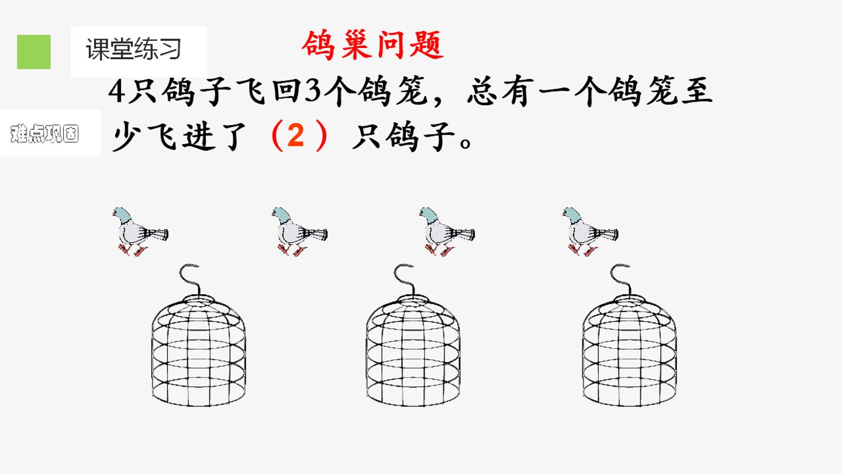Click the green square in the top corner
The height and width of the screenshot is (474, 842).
(34, 52)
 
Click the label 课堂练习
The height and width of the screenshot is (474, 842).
(133, 49)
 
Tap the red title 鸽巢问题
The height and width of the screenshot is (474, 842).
(373, 45)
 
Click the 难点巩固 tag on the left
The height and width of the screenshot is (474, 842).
(44, 133)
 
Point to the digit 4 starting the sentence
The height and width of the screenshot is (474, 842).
(116, 91)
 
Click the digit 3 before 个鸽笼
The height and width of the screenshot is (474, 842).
(312, 91)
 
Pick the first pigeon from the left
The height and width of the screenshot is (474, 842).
(140, 231)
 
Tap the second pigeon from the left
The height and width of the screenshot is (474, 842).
(299, 231)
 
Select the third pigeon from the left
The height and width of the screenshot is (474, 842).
(447, 231)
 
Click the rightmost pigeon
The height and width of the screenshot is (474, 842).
(590, 231)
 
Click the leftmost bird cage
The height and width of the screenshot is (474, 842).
(199, 335)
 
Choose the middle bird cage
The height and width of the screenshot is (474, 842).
(413, 335)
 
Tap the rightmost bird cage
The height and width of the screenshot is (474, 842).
(629, 335)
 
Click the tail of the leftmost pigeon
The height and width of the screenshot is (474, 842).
(157, 234)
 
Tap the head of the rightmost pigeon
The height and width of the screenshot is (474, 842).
(571, 214)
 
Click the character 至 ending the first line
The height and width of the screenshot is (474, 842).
(697, 91)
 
